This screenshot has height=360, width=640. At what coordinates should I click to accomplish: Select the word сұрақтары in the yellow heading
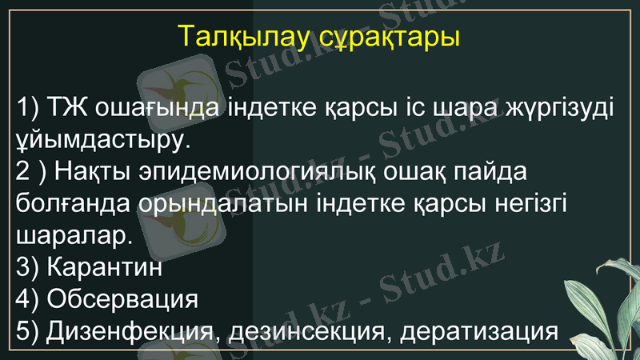point(382,38)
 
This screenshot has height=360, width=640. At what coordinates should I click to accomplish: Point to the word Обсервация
point(122,300)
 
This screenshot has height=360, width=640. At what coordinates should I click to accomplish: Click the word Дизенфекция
point(130,331)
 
